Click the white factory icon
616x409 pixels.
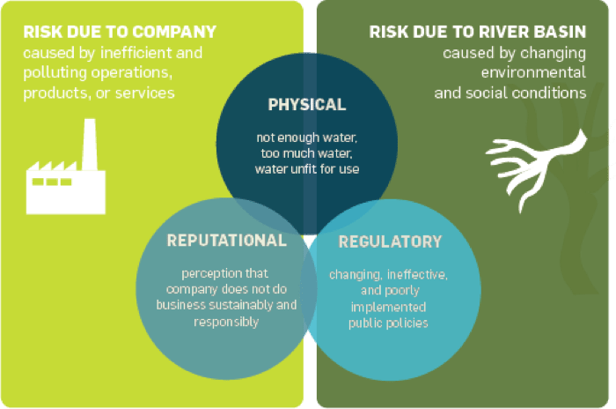[x=65, y=181]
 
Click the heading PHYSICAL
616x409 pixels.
[x=306, y=105]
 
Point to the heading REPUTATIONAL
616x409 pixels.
[x=226, y=240]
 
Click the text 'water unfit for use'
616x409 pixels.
[x=306, y=169]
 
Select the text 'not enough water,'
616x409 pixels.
[x=306, y=139]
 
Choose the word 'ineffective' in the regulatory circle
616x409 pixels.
[x=415, y=275]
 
